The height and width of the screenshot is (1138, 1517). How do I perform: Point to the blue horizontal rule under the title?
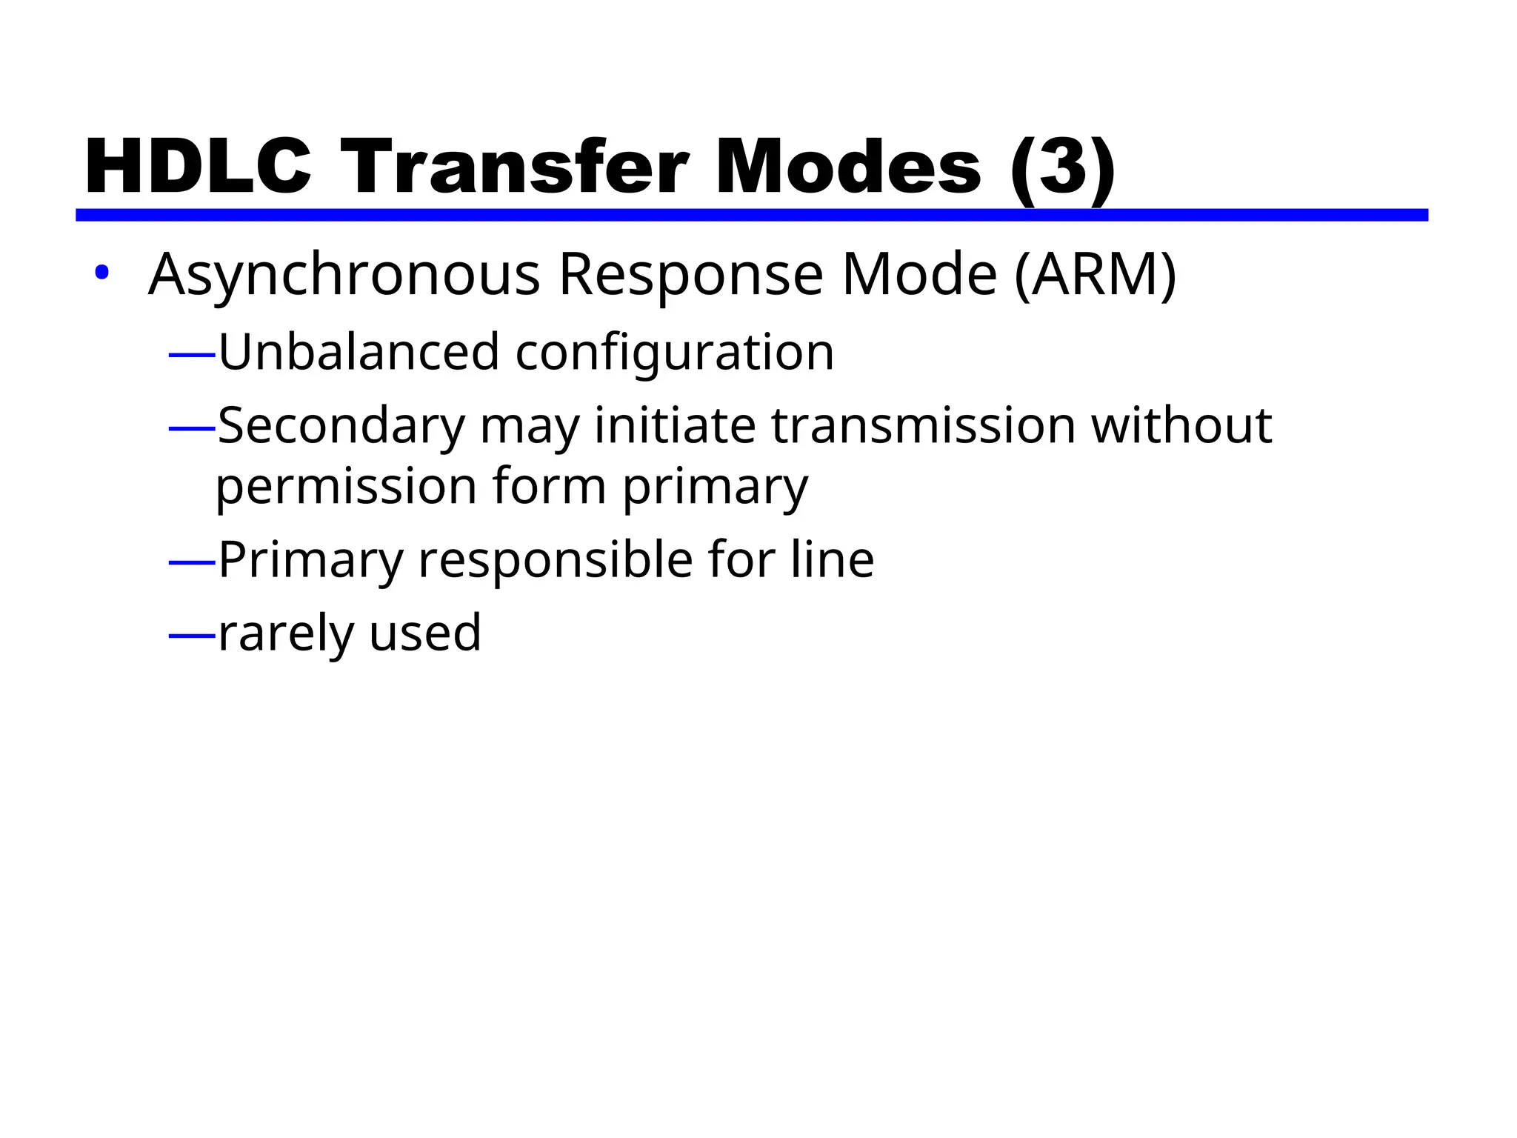(x=751, y=215)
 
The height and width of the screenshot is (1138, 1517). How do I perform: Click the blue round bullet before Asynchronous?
(x=101, y=273)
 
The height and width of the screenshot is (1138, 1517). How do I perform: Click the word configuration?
(x=675, y=353)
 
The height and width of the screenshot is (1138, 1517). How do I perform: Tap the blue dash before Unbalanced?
(x=192, y=356)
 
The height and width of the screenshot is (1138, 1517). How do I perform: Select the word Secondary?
(x=341, y=427)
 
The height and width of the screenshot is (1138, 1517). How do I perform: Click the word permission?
(x=346, y=488)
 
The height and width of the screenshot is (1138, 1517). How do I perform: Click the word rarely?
(x=286, y=634)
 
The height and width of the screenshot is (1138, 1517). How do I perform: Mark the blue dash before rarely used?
(x=192, y=636)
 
